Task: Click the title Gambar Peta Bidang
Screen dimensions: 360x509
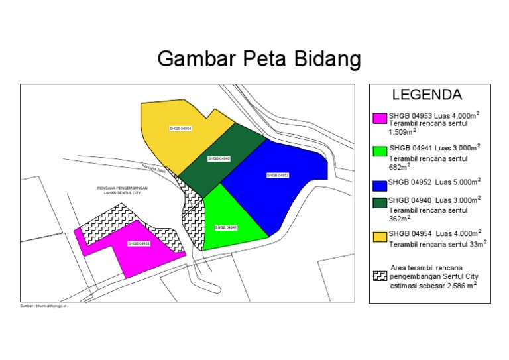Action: (258, 60)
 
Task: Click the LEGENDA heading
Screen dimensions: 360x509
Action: (427, 94)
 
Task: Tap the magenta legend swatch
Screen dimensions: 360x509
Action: (380, 119)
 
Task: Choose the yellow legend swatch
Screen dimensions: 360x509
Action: (380, 236)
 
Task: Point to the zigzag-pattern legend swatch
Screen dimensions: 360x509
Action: (380, 276)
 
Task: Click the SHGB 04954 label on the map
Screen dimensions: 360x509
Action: (180, 127)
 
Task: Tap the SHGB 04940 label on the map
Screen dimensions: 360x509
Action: (218, 159)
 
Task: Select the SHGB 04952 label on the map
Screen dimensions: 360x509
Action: (278, 175)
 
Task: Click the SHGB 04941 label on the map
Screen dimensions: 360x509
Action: (226, 227)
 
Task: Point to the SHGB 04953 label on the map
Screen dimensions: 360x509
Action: (139, 244)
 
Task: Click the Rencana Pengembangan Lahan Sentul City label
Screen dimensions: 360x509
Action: (122, 190)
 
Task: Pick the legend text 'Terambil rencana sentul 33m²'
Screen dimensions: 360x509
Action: (437, 243)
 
